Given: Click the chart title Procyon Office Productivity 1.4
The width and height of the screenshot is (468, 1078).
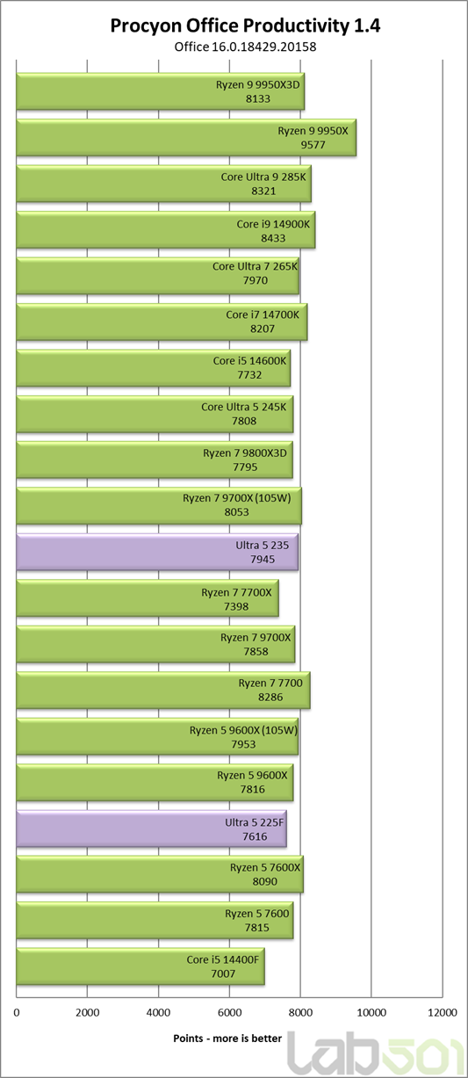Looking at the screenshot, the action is tap(245, 25).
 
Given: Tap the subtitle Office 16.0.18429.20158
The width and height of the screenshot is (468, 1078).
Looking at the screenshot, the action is tap(245, 47).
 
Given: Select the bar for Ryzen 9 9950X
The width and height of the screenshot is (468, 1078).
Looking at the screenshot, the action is tap(186, 138).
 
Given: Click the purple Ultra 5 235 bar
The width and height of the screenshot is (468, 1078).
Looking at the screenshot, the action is tap(157, 552).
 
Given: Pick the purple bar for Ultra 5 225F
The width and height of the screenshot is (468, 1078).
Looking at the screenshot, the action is tap(152, 828).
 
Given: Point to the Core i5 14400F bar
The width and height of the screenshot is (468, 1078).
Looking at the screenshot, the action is tap(140, 966).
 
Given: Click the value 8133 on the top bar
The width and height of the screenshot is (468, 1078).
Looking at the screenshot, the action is tap(258, 98).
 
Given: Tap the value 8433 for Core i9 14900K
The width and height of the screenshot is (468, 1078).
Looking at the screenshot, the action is tap(273, 238).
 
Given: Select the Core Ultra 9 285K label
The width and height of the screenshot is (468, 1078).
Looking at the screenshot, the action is tap(263, 177).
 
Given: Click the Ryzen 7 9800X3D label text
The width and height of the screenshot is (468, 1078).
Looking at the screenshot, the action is tap(245, 452).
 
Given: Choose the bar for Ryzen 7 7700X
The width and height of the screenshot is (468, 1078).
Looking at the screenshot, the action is tap(148, 598).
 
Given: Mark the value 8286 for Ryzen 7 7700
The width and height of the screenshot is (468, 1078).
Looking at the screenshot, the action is tap(270, 697).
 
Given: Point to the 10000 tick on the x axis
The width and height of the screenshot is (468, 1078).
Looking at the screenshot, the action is tap(371, 1013).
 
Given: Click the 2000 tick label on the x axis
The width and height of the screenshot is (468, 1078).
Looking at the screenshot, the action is tap(88, 1013).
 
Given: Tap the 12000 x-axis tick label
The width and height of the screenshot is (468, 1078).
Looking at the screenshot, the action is tap(442, 1013).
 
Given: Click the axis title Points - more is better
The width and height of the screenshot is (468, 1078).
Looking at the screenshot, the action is tap(227, 1038).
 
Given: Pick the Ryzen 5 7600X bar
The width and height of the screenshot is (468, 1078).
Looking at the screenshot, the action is tap(160, 874).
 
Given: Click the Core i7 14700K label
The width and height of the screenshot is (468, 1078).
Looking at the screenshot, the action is tap(263, 315).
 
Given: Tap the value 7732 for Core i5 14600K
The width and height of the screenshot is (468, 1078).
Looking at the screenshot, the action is tap(249, 375).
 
